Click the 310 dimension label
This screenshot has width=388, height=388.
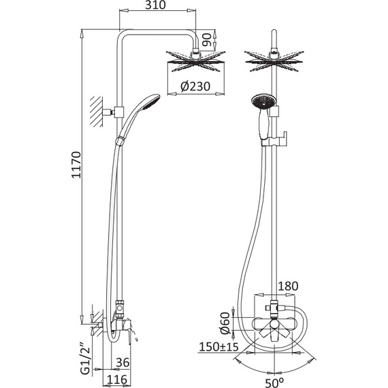tap(155, 5)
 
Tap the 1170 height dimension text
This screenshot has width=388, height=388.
tap(76, 165)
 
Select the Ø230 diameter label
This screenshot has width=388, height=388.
tap(195, 86)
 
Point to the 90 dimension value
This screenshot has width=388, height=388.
tap(207, 40)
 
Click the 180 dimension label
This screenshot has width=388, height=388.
tap(288, 287)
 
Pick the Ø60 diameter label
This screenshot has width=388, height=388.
tap(225, 323)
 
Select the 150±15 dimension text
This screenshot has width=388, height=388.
tap(219, 346)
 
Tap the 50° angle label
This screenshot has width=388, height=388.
tap(275, 383)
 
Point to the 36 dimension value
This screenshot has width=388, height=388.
tap(123, 363)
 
